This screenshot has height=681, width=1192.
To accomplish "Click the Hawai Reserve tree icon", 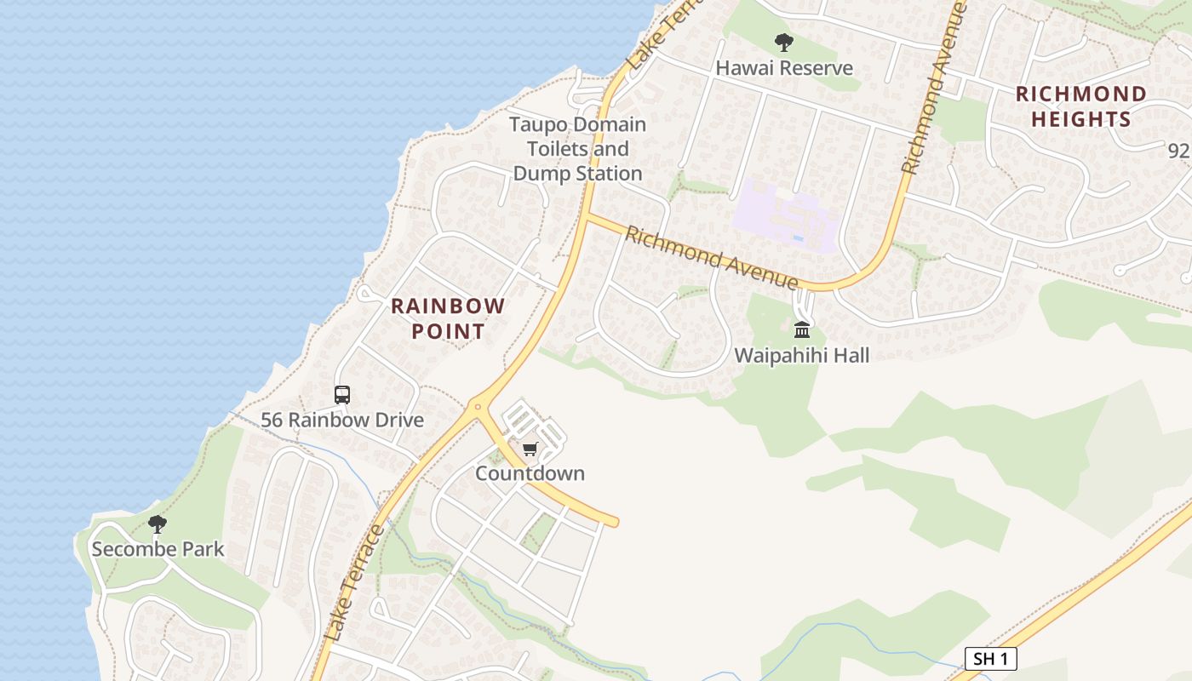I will click(784, 42).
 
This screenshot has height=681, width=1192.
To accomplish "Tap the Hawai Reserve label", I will click(784, 68).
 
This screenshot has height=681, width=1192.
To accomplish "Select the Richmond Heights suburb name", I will click(1080, 106).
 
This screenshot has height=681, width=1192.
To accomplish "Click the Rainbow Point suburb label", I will click(448, 318).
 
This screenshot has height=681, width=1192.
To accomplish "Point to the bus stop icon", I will click(342, 395).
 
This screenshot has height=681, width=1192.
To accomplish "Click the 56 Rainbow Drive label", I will click(342, 420).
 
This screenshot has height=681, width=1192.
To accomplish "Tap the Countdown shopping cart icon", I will click(530, 449).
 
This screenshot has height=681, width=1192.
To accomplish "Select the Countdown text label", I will click(530, 473).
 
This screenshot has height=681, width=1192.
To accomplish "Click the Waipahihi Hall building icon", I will click(802, 329).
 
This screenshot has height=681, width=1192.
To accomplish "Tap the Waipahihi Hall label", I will click(802, 355).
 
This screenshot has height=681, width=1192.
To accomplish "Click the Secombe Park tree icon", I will click(158, 524).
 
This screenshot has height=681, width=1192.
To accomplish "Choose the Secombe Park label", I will click(158, 549).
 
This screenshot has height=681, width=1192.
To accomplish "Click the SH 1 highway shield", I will click(991, 658).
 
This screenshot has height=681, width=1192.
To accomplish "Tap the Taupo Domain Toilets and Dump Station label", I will click(577, 149).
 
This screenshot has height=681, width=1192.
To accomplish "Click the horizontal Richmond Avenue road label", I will click(711, 257).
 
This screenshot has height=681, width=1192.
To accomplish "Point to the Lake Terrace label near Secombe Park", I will click(356, 584).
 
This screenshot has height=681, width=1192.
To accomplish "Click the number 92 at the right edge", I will click(1178, 151).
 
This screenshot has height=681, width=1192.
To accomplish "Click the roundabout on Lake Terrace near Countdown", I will click(478, 407).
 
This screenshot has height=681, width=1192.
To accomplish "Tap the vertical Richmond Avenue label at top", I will click(935, 89).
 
